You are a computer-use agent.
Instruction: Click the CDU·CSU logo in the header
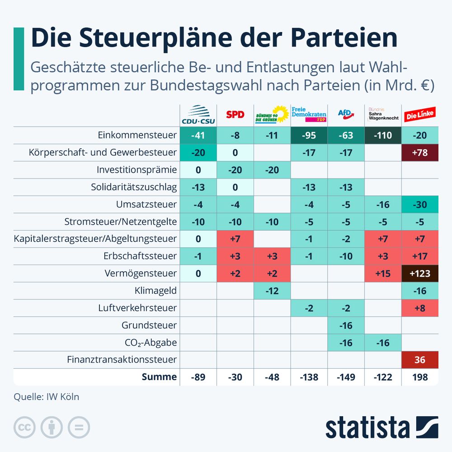point(198,115)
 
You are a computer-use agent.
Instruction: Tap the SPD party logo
point(235,115)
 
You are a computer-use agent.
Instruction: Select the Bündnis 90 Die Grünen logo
point(272,115)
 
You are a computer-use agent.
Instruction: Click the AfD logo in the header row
point(346,115)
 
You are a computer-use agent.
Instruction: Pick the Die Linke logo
point(420,115)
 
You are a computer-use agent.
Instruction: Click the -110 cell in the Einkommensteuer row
point(383,135)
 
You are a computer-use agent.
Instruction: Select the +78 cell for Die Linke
point(420,152)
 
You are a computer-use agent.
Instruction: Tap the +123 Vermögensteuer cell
point(420,273)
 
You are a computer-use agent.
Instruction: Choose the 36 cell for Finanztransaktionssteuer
point(420,360)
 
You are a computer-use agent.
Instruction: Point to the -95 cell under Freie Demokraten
point(309,135)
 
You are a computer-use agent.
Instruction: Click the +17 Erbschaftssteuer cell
point(420,256)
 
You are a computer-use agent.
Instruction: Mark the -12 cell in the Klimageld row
point(272,291)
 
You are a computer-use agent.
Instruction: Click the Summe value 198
point(420,377)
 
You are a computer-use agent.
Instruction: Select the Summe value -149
point(346,377)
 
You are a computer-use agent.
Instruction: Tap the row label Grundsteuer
point(149,325)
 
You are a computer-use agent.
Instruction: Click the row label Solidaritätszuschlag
point(134,187)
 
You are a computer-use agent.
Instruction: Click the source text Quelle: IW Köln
point(46,397)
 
